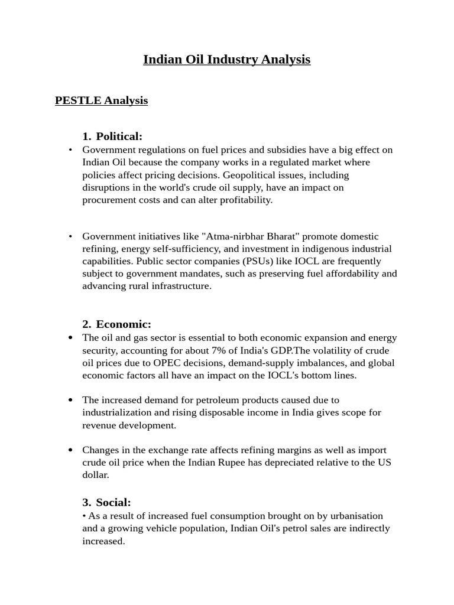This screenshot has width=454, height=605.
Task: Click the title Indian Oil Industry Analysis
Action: tap(226, 60)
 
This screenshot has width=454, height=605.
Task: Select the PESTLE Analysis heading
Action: tap(101, 100)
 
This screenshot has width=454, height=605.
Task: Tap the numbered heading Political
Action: tap(119, 136)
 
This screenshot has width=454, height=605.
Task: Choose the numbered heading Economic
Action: tap(124, 324)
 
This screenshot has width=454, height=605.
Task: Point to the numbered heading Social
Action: tap(113, 503)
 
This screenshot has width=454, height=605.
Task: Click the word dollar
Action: tap(96, 474)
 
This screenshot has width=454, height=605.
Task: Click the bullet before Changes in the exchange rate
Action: tap(71, 450)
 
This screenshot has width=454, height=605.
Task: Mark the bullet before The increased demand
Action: tap(71, 400)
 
